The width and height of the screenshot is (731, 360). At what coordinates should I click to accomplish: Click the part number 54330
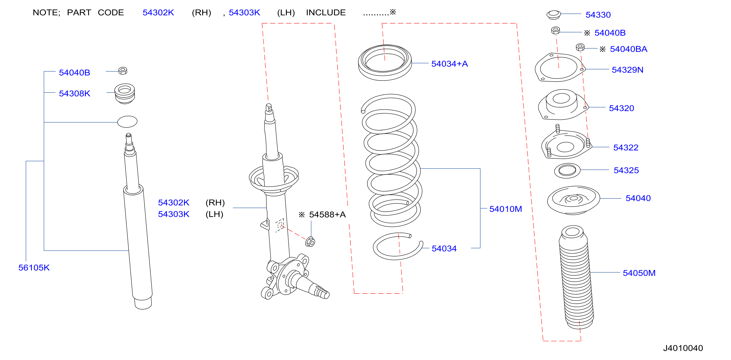pyautogui.click(x=598, y=15)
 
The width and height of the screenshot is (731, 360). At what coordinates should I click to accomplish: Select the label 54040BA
pyautogui.click(x=628, y=49)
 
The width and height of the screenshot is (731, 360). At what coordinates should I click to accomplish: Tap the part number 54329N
pyautogui.click(x=627, y=70)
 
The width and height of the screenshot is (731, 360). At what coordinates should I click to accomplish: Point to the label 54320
pyautogui.click(x=621, y=108)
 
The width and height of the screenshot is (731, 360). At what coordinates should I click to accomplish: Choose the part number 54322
pyautogui.click(x=626, y=148)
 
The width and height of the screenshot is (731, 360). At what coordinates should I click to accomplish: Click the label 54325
pyautogui.click(x=626, y=170)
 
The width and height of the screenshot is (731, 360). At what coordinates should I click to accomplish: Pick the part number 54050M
pyautogui.click(x=639, y=273)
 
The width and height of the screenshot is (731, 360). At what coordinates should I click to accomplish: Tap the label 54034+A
pyautogui.click(x=450, y=64)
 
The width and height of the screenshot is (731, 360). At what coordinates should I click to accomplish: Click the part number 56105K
pyautogui.click(x=34, y=268)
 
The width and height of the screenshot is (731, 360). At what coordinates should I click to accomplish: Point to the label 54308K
pyautogui.click(x=74, y=94)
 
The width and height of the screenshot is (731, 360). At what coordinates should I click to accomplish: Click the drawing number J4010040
pyautogui.click(x=683, y=348)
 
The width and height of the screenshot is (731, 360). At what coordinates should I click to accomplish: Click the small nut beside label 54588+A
pyautogui.click(x=310, y=242)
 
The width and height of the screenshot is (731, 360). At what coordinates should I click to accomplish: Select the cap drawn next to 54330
pyautogui.click(x=553, y=15)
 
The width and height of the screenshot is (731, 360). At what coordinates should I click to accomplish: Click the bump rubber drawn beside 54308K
pyautogui.click(x=125, y=94)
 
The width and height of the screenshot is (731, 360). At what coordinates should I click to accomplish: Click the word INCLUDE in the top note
pyautogui.click(x=326, y=13)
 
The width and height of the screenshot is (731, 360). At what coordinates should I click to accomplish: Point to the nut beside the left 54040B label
pyautogui.click(x=123, y=71)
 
